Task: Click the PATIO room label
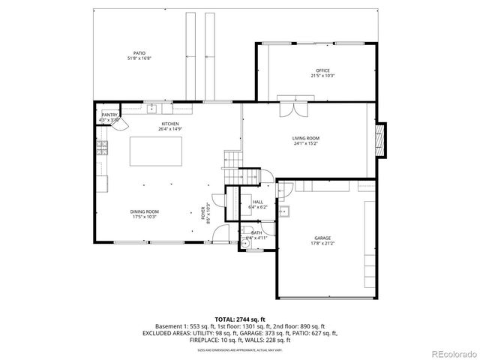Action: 139,53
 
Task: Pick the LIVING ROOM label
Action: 305,138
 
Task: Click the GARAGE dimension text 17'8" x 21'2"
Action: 323,243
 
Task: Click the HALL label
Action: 257,202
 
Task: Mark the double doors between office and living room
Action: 289,109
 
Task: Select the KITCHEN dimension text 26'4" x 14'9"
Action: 170,129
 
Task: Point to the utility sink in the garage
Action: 284,212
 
